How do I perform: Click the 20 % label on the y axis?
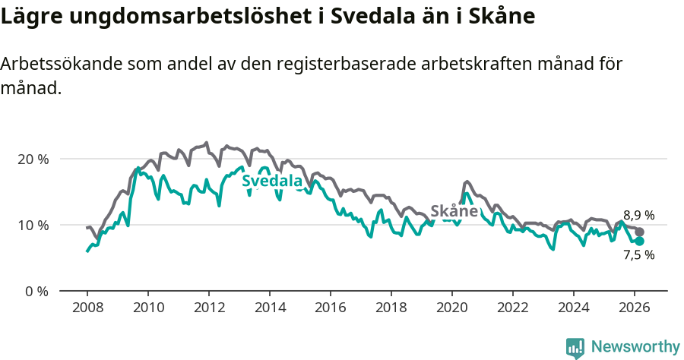click(33, 159)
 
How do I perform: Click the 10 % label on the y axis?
click(33, 225)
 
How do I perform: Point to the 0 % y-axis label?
click(36, 291)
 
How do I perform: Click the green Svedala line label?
click(272, 181)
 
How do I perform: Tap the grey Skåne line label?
click(454, 211)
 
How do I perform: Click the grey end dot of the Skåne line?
click(639, 232)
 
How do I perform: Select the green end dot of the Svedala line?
click(639, 241)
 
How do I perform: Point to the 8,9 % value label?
click(638, 216)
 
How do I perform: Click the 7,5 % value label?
click(638, 256)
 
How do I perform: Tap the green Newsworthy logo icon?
click(575, 348)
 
